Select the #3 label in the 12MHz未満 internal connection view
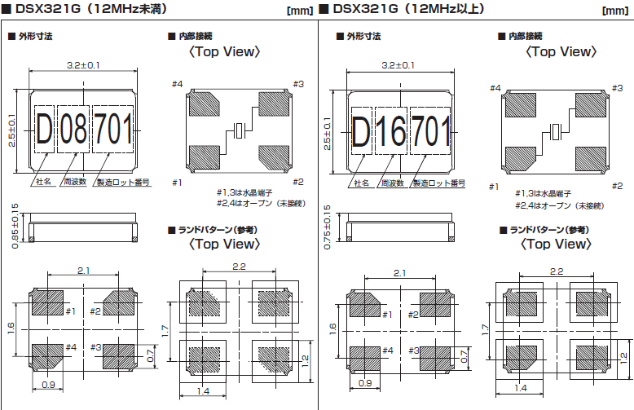click(x=297, y=84)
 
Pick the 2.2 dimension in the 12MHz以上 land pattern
click(x=557, y=271)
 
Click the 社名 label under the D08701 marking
click(x=44, y=183)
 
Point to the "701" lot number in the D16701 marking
click(x=429, y=129)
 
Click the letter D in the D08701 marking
click(x=44, y=129)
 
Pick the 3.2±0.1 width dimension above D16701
click(x=398, y=65)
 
